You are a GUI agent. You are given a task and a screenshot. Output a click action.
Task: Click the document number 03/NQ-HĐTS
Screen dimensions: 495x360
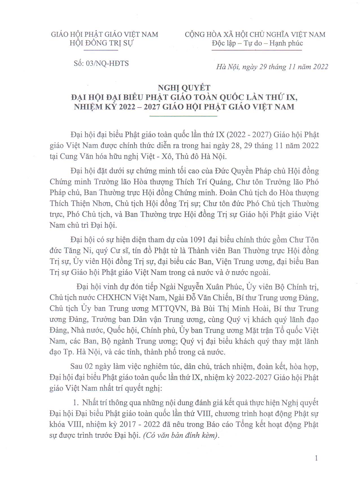(107, 63)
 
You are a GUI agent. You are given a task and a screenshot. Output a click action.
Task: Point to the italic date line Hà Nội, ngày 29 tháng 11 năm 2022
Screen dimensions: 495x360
(272, 67)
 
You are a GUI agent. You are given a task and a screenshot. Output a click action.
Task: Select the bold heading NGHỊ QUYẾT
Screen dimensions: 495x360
(184, 88)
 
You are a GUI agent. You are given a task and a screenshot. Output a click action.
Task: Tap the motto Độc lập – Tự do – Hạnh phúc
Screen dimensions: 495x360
(257, 43)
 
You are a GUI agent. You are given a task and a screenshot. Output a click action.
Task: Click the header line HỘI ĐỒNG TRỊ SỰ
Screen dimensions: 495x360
(101, 43)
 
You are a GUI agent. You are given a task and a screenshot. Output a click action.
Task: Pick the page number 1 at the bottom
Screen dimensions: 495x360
(316, 458)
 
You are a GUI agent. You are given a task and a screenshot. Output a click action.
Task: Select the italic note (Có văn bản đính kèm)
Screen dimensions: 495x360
(181, 435)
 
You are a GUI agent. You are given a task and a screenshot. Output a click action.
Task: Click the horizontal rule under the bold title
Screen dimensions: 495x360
(183, 116)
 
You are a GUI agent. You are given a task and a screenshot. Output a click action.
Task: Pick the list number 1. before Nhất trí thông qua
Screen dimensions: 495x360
(76, 403)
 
